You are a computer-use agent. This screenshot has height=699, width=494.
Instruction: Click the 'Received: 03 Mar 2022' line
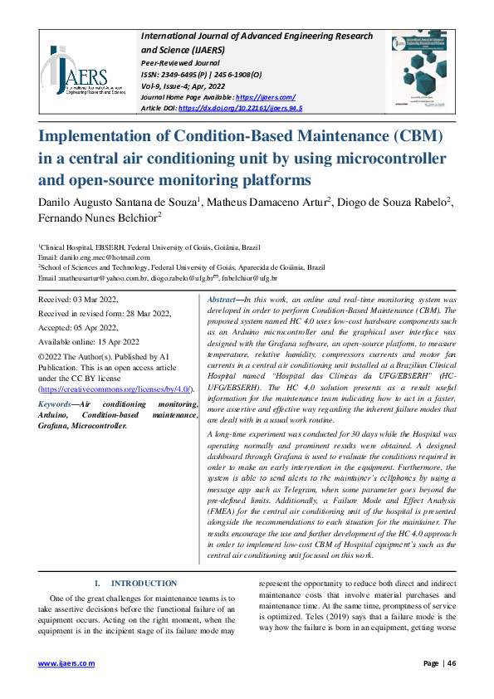(x=79, y=299)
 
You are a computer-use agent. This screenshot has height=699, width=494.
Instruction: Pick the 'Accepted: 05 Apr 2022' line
(x=78, y=327)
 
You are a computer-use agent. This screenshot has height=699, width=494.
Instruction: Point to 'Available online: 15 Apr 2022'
(x=89, y=341)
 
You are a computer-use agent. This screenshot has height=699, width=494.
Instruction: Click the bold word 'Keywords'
(x=55, y=404)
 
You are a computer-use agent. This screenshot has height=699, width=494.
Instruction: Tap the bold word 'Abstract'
(x=222, y=299)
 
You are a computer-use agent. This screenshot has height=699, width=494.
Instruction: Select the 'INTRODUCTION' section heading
(x=143, y=584)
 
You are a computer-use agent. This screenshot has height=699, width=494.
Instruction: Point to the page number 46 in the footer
(x=452, y=663)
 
